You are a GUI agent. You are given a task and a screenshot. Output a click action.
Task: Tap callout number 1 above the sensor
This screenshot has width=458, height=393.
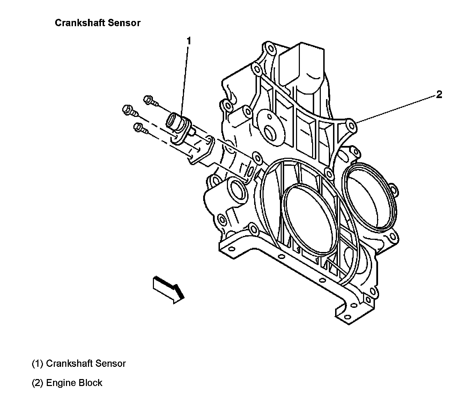click(189, 41)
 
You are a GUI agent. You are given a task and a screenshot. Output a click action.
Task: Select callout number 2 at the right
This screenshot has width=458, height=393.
click(439, 94)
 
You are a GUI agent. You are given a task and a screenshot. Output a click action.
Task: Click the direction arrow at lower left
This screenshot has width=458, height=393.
click(168, 288)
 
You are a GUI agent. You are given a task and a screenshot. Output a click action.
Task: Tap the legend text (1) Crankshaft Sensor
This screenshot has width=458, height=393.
click(79, 363)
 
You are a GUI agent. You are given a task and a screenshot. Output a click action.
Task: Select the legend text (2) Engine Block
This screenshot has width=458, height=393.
click(67, 383)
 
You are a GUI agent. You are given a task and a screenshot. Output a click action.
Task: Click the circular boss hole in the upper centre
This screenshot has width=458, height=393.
click(270, 133)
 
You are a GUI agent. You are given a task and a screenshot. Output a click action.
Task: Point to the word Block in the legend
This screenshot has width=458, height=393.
click(90, 383)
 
